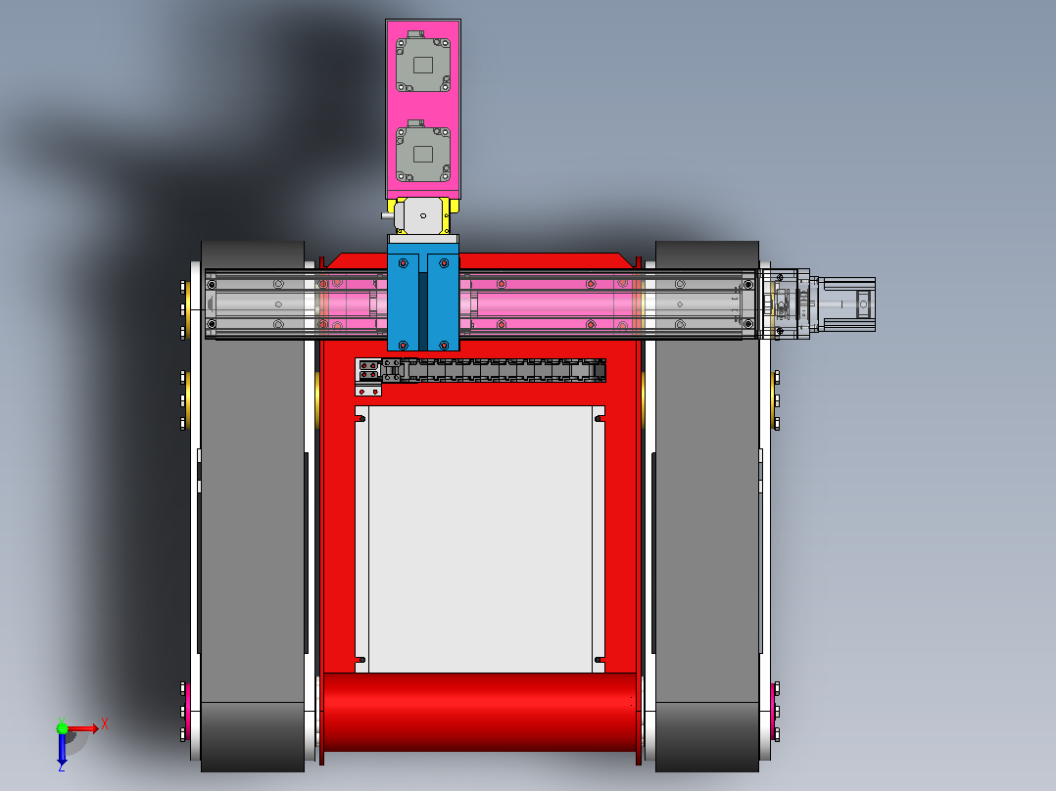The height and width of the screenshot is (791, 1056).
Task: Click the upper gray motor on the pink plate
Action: coord(423,62)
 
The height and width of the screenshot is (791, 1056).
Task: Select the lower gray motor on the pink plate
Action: coord(423,152)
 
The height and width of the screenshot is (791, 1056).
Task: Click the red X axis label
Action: coord(105,725)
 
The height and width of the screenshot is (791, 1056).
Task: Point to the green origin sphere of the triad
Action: coord(62,728)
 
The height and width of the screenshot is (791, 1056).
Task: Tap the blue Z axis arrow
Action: coord(62,749)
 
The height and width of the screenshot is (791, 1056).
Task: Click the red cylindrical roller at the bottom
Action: coord(480,713)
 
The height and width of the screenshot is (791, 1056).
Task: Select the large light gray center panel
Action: coord(480,538)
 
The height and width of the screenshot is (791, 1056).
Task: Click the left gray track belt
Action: coord(253,506)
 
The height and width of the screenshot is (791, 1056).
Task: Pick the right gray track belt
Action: coord(707,506)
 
